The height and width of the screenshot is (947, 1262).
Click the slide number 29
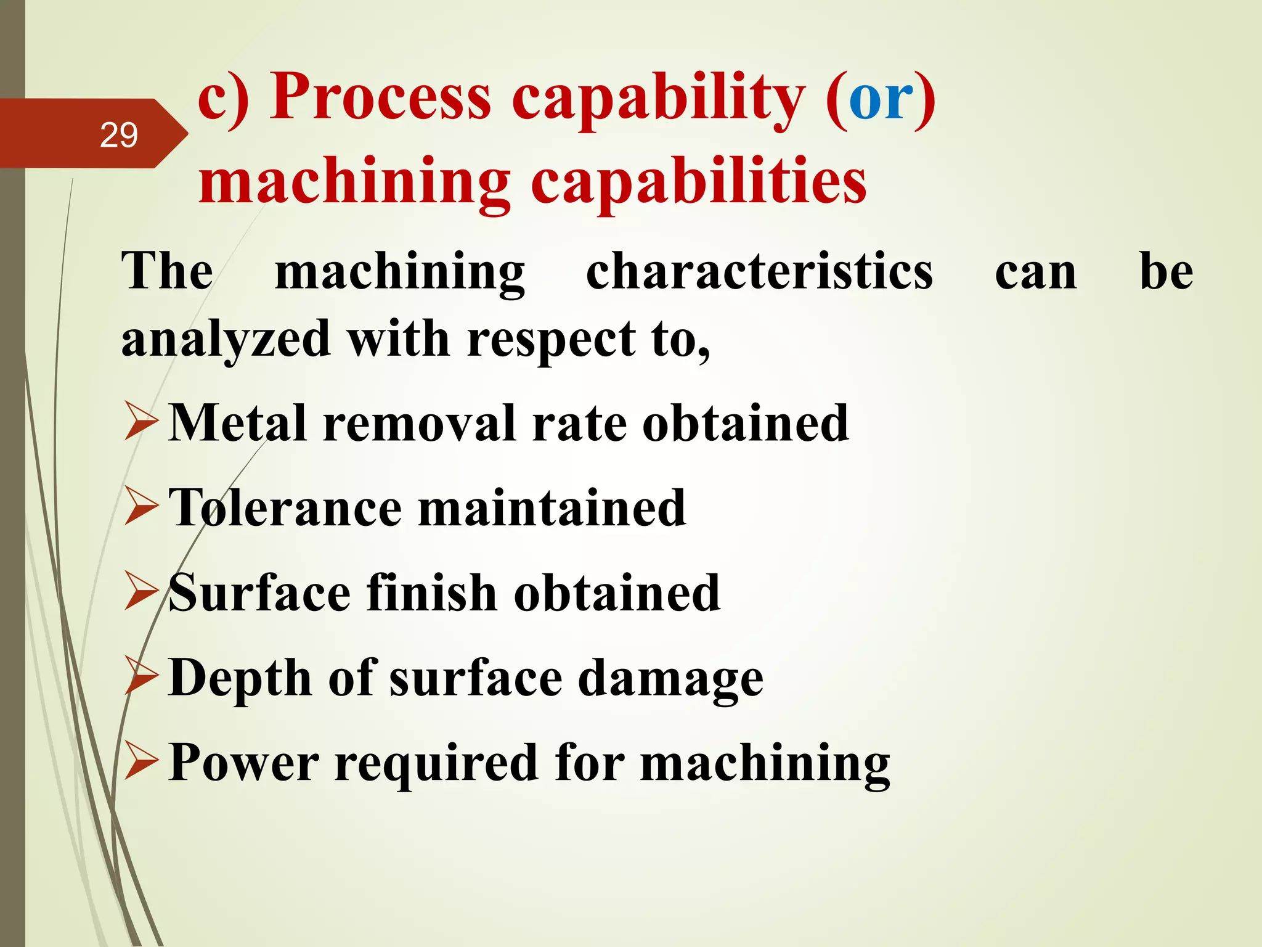118,135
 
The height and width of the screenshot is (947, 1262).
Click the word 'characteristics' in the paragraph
759,271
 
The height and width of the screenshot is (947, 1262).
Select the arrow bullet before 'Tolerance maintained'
141,506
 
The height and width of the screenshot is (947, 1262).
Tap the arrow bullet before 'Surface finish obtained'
141,591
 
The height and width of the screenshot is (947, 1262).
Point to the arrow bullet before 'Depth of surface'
141,676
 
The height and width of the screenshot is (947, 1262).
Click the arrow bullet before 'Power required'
141,761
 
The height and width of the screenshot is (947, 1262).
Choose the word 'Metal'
237,423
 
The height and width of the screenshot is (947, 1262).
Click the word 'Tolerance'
285,507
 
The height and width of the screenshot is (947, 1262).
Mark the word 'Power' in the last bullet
243,763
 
